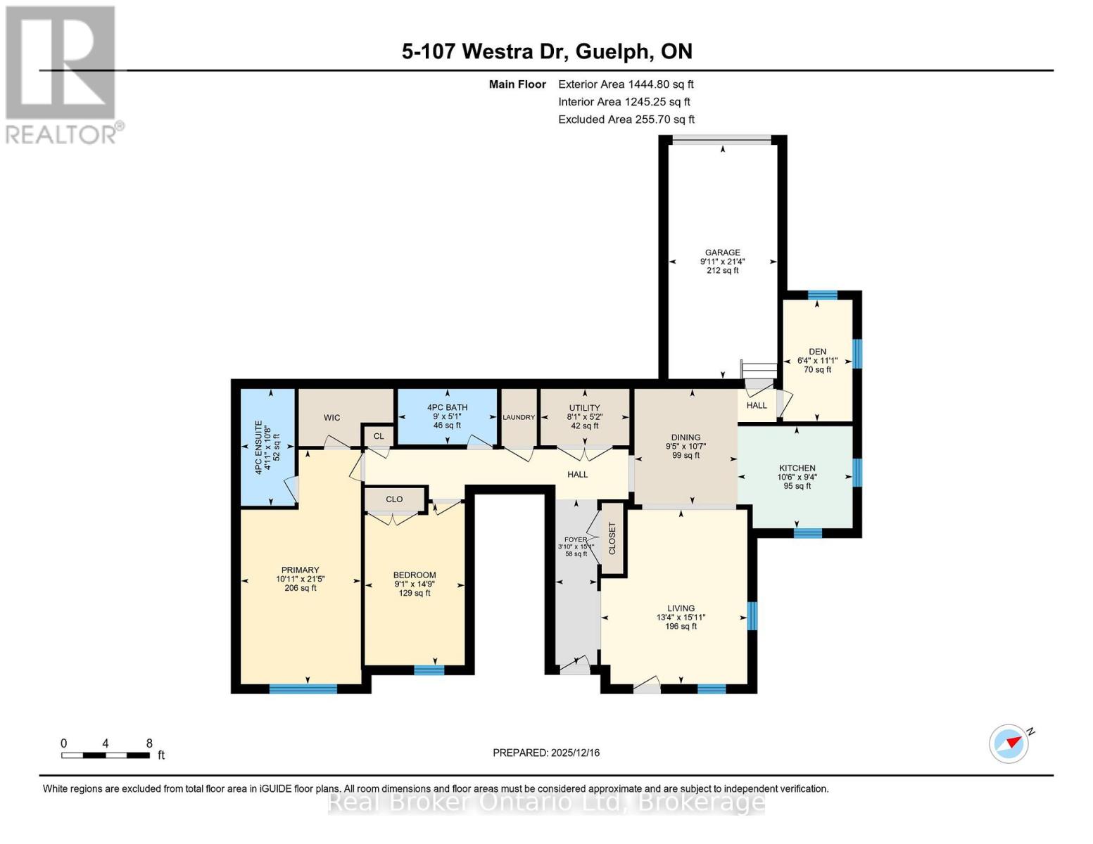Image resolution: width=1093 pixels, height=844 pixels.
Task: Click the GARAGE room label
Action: (x=722, y=252)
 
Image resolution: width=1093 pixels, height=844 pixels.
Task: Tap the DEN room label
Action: (x=817, y=352)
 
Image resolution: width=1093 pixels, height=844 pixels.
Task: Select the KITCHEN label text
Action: (x=797, y=468)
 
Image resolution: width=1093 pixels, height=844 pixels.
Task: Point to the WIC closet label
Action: (x=331, y=418)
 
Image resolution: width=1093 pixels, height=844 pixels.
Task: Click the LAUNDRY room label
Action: (x=519, y=418)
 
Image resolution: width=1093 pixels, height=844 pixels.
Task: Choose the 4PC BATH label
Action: (x=447, y=407)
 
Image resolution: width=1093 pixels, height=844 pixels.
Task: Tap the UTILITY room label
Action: (x=584, y=408)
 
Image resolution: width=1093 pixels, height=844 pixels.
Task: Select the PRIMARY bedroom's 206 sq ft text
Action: (x=301, y=588)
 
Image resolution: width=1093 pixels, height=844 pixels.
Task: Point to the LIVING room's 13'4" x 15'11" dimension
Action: (x=681, y=618)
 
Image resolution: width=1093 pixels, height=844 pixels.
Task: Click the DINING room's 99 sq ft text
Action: (x=686, y=456)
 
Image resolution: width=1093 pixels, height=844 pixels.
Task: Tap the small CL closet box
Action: (x=379, y=436)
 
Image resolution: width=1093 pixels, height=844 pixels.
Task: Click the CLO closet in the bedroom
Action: (x=394, y=499)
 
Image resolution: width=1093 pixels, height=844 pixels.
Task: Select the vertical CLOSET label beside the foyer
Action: (x=612, y=538)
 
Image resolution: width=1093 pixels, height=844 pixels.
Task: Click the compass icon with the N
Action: (x=1009, y=743)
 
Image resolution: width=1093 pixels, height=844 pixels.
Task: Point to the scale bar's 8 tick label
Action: (x=149, y=743)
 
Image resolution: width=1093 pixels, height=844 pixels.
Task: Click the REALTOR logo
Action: (x=62, y=74)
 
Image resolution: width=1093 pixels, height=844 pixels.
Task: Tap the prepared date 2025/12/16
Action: (x=546, y=753)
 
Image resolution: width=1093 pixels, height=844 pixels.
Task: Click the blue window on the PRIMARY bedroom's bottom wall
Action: (x=303, y=689)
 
